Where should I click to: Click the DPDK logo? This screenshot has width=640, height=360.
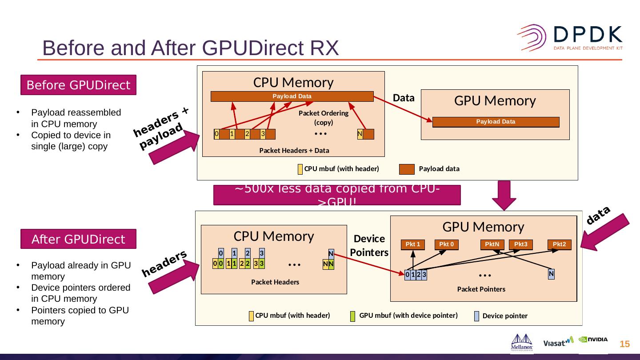pos(569,37)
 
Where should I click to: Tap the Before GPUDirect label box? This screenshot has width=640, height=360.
pos(78,85)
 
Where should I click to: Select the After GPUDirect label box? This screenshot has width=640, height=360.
pos(78,239)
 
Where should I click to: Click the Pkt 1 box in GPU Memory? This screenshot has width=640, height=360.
pos(413,244)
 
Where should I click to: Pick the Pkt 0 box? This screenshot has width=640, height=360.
pos(447,244)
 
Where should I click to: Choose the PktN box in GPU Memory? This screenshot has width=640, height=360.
pos(492,244)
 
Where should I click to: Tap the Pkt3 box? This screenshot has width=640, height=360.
pos(521,244)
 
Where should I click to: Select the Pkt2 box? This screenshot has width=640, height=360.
pos(559,244)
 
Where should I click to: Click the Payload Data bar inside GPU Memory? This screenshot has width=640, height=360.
pos(496,122)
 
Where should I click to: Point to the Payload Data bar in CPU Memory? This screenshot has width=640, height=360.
pos(292,96)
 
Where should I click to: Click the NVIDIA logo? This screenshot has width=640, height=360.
pos(593,340)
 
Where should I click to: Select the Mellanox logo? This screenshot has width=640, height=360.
pos(522,342)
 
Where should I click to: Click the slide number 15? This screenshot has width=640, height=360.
pos(624,344)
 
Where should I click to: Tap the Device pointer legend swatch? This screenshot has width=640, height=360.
pos(476,316)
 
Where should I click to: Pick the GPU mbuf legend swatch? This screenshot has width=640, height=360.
pos(353,316)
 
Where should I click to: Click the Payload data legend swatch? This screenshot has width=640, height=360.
pos(407,169)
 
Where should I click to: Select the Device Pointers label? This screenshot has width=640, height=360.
pos(369,245)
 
